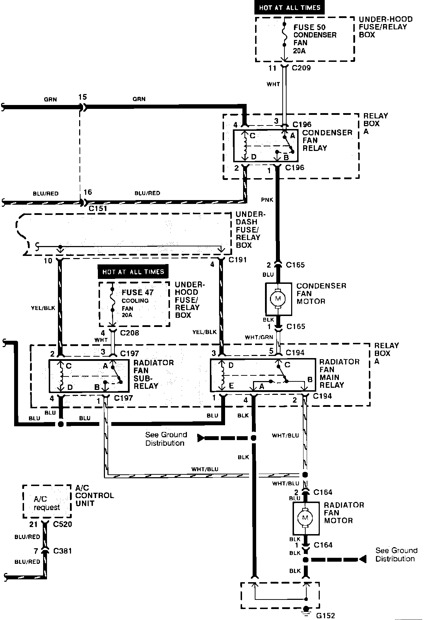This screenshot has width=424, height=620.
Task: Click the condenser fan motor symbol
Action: [x=278, y=299]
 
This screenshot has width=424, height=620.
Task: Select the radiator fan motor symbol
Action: [x=306, y=518]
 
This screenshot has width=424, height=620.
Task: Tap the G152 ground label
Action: [x=325, y=615]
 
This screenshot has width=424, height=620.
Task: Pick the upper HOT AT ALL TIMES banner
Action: [x=289, y=7]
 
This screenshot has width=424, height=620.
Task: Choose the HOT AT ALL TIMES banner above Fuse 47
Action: [x=133, y=271]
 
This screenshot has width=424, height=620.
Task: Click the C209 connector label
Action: [x=301, y=68]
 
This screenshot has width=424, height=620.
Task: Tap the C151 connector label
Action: [x=98, y=209]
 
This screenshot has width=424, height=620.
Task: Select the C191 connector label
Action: [x=237, y=260]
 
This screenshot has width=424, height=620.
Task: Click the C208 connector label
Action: [x=129, y=333]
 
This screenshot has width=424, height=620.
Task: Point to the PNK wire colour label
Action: [x=267, y=200]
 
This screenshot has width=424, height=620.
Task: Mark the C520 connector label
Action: [x=62, y=524]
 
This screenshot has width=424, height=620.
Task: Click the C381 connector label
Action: [x=62, y=551]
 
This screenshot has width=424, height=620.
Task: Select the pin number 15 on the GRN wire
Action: [x=83, y=97]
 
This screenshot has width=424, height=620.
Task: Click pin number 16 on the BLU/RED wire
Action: [x=88, y=192]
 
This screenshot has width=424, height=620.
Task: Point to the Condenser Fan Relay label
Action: [x=327, y=140]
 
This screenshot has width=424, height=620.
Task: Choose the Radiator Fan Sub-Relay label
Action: [x=153, y=374]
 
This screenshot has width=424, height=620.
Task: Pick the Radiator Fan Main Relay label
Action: [x=339, y=373]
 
